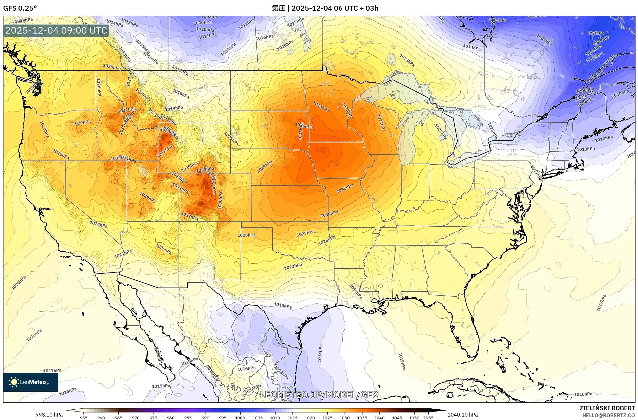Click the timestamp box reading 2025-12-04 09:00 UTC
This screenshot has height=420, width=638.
pos(56,30)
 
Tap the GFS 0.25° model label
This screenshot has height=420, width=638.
pos(20,8)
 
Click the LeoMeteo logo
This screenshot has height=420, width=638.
pos(30,382)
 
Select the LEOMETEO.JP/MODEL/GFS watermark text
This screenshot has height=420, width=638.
pos(319,395)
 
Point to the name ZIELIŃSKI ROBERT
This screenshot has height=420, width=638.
pos(607,408)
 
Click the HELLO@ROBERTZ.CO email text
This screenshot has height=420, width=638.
pos(609,415)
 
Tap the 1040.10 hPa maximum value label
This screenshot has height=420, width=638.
pos(462,415)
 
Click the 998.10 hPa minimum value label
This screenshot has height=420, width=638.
pos(49,415)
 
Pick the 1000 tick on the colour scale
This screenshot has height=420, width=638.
pos(240,418)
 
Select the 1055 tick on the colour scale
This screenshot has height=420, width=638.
pos(428,418)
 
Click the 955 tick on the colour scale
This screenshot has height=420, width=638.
pos(83,418)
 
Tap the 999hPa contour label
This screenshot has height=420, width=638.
pos(596,33)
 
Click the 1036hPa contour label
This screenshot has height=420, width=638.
pos(304,126)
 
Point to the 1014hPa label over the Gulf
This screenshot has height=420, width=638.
pos(320,353)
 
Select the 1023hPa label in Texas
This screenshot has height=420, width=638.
pos(293,267)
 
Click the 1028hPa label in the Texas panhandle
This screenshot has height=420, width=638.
pos(246,235)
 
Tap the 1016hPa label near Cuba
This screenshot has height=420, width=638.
pos(583,394)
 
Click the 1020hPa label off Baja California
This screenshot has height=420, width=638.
pos(19,283)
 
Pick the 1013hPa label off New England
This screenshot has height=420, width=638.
pos(586,149)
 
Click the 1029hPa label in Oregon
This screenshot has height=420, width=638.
pos(82,123)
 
